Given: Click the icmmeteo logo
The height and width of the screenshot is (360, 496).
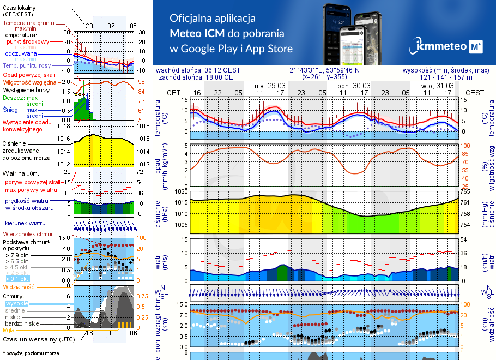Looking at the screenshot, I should point(448,46).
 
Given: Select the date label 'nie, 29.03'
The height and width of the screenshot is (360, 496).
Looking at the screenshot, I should point(270,86).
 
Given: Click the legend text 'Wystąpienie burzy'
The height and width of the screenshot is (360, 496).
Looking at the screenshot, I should point(26,89).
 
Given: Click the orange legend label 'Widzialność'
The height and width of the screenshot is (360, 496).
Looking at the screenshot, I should point(19,286).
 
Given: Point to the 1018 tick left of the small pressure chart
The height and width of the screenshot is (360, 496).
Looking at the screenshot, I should point(64,127).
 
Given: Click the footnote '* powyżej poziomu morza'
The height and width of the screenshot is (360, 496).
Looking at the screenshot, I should point(31,353).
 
